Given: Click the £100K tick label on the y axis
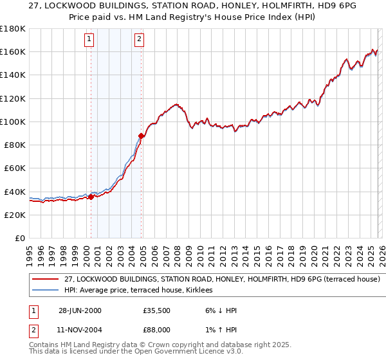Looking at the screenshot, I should pos(12,122).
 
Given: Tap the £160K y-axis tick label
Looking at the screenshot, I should pos(12,51).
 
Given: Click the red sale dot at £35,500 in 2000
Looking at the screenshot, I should pos(91,197).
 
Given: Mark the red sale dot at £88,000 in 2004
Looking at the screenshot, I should pos(141,136).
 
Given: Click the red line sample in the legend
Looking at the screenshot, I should pos(46,280).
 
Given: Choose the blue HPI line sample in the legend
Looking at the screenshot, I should pos(46,291).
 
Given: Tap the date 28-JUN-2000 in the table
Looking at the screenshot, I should pos(80,310).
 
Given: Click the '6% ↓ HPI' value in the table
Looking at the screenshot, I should pos(219,310).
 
